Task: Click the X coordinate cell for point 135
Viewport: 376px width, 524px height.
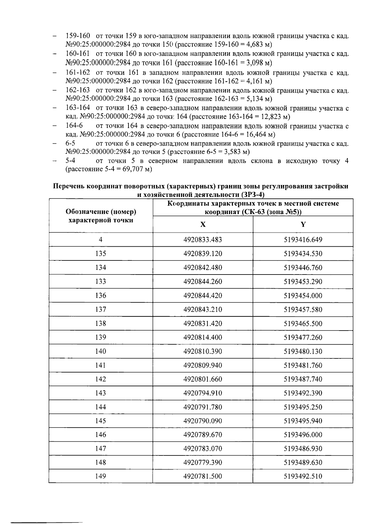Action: tap(203, 254)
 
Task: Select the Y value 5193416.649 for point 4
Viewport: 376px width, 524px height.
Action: tap(303, 240)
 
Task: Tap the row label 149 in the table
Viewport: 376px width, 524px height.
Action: tap(101, 476)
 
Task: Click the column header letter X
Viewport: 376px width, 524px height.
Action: tap(203, 224)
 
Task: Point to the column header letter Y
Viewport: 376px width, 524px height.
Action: tap(303, 224)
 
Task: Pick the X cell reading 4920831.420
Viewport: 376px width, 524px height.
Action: tap(203, 323)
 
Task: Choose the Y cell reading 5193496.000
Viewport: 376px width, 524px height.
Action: tap(303, 434)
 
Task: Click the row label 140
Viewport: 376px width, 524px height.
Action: tap(101, 351)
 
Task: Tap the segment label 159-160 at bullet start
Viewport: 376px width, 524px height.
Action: tap(78, 36)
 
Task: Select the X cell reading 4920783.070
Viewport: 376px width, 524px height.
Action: tap(203, 449)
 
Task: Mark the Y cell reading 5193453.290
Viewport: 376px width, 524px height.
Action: tap(303, 281)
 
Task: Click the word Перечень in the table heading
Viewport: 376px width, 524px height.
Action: tap(69, 187)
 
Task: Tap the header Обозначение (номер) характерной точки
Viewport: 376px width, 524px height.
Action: tap(101, 216)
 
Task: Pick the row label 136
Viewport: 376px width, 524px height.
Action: tap(101, 295)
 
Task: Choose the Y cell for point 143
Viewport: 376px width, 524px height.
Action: tap(303, 393)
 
